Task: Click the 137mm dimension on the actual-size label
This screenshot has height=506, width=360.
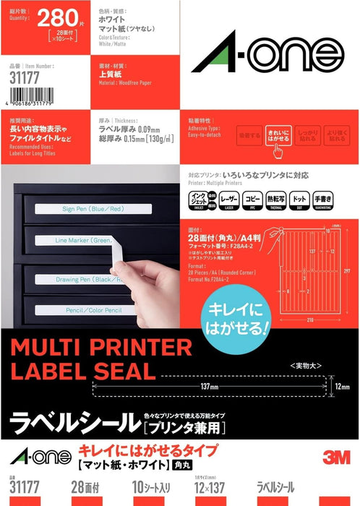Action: (x=210, y=386)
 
